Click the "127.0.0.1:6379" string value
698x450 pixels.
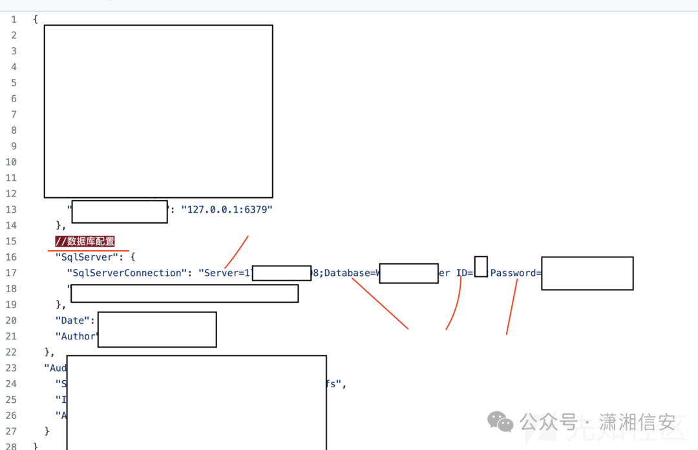(227, 209)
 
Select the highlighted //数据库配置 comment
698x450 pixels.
(85, 241)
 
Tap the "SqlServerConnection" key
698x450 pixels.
(127, 273)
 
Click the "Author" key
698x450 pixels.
(77, 336)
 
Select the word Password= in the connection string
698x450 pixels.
(515, 273)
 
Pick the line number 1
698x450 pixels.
(14, 19)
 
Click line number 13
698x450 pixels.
(11, 209)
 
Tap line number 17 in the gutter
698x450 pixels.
(11, 273)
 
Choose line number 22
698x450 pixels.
(11, 352)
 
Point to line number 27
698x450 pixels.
(11, 431)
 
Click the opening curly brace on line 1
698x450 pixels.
(36, 19)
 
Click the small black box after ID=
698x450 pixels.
(481, 266)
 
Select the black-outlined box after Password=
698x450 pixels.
(587, 273)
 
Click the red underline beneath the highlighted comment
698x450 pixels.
(88, 250)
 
